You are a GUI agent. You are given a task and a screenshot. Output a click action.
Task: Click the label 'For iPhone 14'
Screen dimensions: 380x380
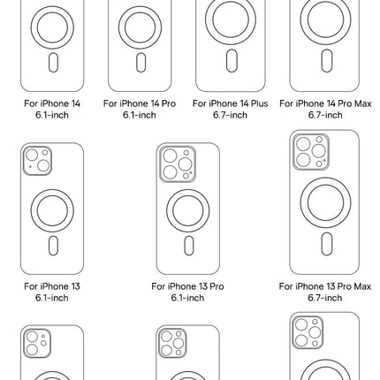pos(52,103)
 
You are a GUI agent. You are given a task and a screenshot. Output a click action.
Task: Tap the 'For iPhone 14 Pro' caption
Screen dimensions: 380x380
pos(140,103)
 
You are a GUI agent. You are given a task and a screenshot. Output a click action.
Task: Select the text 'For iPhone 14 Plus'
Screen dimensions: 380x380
pos(230,103)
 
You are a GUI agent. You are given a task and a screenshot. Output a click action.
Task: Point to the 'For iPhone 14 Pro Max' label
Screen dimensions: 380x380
pos(325,103)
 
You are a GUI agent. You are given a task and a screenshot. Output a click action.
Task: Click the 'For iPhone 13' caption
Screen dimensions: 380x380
pos(52,287)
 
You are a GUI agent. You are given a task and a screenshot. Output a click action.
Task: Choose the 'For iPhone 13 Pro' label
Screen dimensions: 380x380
pos(187,287)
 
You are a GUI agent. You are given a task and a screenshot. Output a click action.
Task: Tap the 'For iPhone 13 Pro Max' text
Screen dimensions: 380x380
pos(325,287)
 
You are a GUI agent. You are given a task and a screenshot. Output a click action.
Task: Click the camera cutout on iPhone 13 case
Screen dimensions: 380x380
pos(37,160)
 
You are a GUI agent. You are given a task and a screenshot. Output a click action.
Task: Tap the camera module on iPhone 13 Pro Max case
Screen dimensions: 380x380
pos(310,152)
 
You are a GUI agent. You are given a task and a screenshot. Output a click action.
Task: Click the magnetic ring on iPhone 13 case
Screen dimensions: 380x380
pos(52,209)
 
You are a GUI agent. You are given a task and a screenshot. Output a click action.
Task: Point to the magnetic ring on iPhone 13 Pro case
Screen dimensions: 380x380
pos(188,210)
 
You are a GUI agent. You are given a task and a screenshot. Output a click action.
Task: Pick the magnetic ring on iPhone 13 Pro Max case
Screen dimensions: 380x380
pos(325,204)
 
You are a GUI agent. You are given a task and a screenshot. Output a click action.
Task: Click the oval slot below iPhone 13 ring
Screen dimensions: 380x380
pos(52,246)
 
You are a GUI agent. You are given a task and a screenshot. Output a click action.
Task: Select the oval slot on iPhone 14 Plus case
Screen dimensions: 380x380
pos(231,61)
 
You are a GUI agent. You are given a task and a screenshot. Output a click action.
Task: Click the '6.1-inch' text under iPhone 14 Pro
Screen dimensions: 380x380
pos(140,114)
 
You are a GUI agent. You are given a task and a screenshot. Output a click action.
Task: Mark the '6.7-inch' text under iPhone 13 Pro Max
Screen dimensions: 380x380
pos(325,298)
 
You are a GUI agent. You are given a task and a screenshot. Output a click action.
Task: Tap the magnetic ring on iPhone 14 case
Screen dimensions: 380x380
pos(52,27)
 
